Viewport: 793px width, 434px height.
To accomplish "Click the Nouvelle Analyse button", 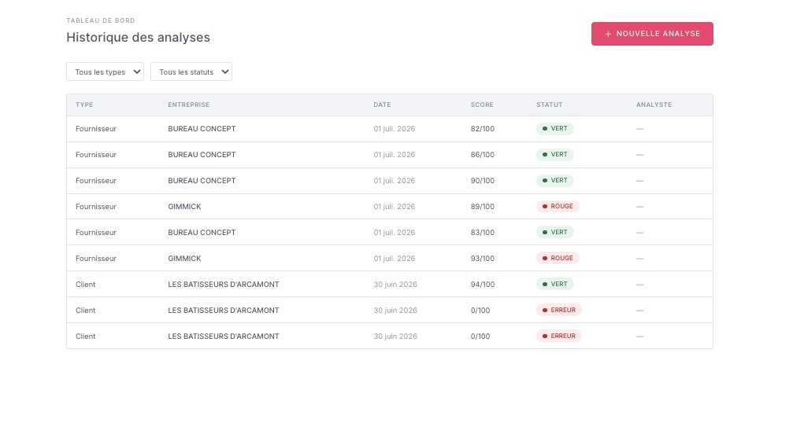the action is [x=652, y=34].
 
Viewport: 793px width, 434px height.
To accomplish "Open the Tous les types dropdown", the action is [x=106, y=72].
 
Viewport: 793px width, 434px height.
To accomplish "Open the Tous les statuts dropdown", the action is [x=191, y=72].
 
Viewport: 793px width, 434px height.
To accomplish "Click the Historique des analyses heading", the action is [x=138, y=37].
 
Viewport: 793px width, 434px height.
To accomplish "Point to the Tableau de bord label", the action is [x=101, y=20].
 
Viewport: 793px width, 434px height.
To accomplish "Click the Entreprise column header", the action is [x=189, y=105].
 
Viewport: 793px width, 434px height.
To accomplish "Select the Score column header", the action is [x=482, y=105].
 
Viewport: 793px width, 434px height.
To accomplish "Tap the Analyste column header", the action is [x=654, y=105].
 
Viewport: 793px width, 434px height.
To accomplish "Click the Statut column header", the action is [x=549, y=105].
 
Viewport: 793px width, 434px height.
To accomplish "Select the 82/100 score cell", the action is [x=483, y=129].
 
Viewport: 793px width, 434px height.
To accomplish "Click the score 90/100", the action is [x=483, y=181].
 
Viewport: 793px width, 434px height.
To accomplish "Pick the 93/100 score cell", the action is [x=483, y=259].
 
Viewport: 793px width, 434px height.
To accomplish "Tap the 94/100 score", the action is [x=483, y=284].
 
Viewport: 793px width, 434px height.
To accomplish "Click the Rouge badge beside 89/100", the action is [x=558, y=207].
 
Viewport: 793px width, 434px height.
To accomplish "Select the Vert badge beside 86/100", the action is [x=555, y=154].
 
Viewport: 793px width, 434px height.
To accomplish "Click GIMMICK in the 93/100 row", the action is [x=184, y=259].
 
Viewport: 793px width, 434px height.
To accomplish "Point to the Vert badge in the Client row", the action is [x=555, y=284].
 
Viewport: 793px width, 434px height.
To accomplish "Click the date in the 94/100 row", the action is [x=395, y=284].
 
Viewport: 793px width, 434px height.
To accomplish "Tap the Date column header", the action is [x=382, y=105].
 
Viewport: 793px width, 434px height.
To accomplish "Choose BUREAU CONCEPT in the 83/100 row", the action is [x=202, y=233].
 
